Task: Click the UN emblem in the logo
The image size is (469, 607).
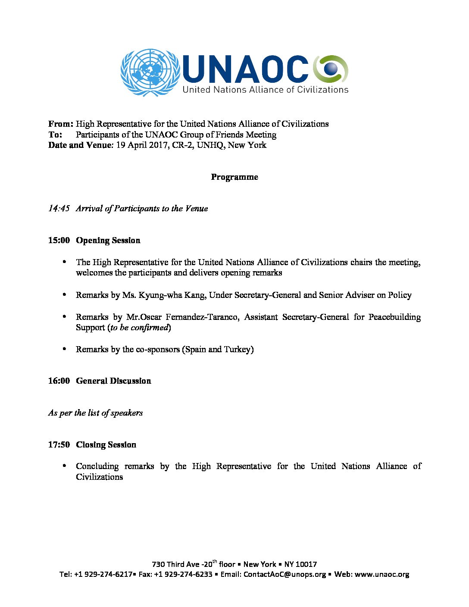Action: [x=150, y=72]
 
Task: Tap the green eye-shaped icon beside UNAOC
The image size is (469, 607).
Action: [x=331, y=69]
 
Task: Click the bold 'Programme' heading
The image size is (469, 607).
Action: [x=234, y=177]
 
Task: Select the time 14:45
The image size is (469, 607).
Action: [x=59, y=209]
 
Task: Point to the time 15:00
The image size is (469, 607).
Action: [x=59, y=241]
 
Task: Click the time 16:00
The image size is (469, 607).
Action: [x=59, y=381]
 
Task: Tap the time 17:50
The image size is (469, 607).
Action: [x=59, y=445]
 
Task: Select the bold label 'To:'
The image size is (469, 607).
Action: [x=55, y=135]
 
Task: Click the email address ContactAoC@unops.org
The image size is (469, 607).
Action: [x=285, y=574]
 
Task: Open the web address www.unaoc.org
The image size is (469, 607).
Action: [x=381, y=574]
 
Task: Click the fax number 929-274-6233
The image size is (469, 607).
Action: [x=188, y=574]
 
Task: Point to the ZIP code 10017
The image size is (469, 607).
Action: [x=306, y=564]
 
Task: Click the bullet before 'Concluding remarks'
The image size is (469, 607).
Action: [x=65, y=466]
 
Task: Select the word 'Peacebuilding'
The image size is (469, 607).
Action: [x=394, y=317]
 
